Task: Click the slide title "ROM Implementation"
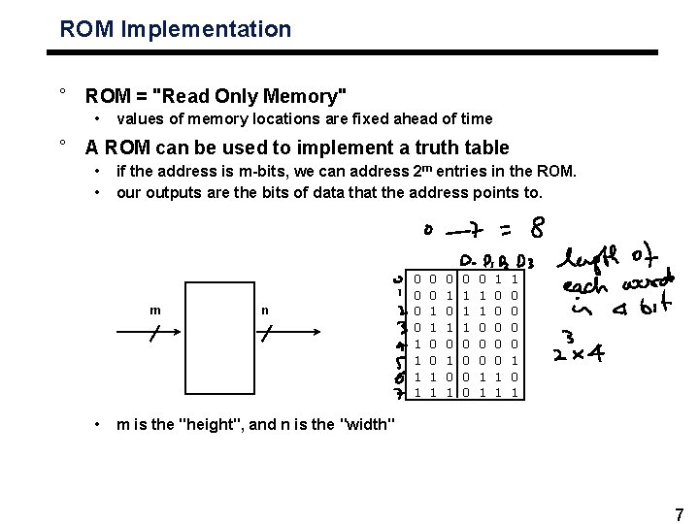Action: (x=175, y=29)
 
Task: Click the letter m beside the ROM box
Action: (x=155, y=311)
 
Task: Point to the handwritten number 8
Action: (x=536, y=230)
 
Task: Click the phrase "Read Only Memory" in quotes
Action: (x=257, y=96)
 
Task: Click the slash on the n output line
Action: (x=268, y=333)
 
